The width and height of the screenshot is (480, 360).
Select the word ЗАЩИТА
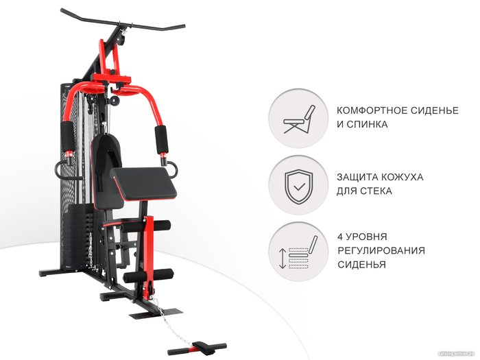[x=357, y=177]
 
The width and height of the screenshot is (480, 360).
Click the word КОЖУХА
[x=401, y=177]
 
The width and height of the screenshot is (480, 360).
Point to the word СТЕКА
[x=376, y=191]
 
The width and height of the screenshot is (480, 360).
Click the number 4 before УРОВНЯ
[x=340, y=237]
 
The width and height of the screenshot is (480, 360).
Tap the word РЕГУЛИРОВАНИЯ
[x=381, y=250]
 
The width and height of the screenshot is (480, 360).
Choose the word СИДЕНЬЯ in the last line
[x=361, y=265]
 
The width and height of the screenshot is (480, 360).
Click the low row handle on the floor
[x=197, y=348]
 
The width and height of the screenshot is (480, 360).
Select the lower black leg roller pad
[x=148, y=276]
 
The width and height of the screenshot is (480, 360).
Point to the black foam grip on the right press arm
[x=161, y=139]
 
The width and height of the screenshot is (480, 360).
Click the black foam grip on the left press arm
[x=68, y=136]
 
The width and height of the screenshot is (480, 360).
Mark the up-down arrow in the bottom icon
[x=283, y=258]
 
